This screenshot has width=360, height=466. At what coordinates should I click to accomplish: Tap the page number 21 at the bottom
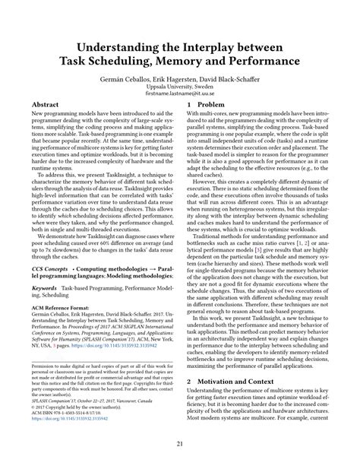[x=180, y=445]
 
